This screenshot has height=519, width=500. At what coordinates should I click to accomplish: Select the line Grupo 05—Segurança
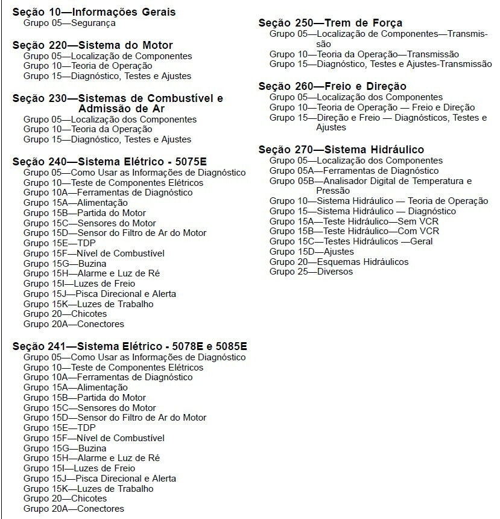coord(69,23)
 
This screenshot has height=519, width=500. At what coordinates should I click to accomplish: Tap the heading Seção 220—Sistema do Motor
coord(92,45)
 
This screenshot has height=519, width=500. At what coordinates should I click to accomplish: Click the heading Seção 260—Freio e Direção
coord(332,86)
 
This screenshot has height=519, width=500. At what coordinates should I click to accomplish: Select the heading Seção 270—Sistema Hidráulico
coord(341,150)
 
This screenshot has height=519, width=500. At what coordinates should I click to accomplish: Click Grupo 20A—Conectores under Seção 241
coord(74,509)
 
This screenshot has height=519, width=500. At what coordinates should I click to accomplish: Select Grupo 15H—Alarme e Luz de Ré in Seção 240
coord(91,274)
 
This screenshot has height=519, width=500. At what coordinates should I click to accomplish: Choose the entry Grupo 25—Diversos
coord(311,272)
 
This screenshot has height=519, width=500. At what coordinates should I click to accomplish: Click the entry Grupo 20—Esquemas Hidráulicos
coord(339,262)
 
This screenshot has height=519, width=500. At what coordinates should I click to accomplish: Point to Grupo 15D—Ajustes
coord(311,252)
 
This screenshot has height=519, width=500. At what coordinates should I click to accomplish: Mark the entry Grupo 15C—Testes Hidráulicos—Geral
coord(359,241)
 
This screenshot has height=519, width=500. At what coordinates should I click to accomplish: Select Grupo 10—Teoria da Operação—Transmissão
coord(364,54)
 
